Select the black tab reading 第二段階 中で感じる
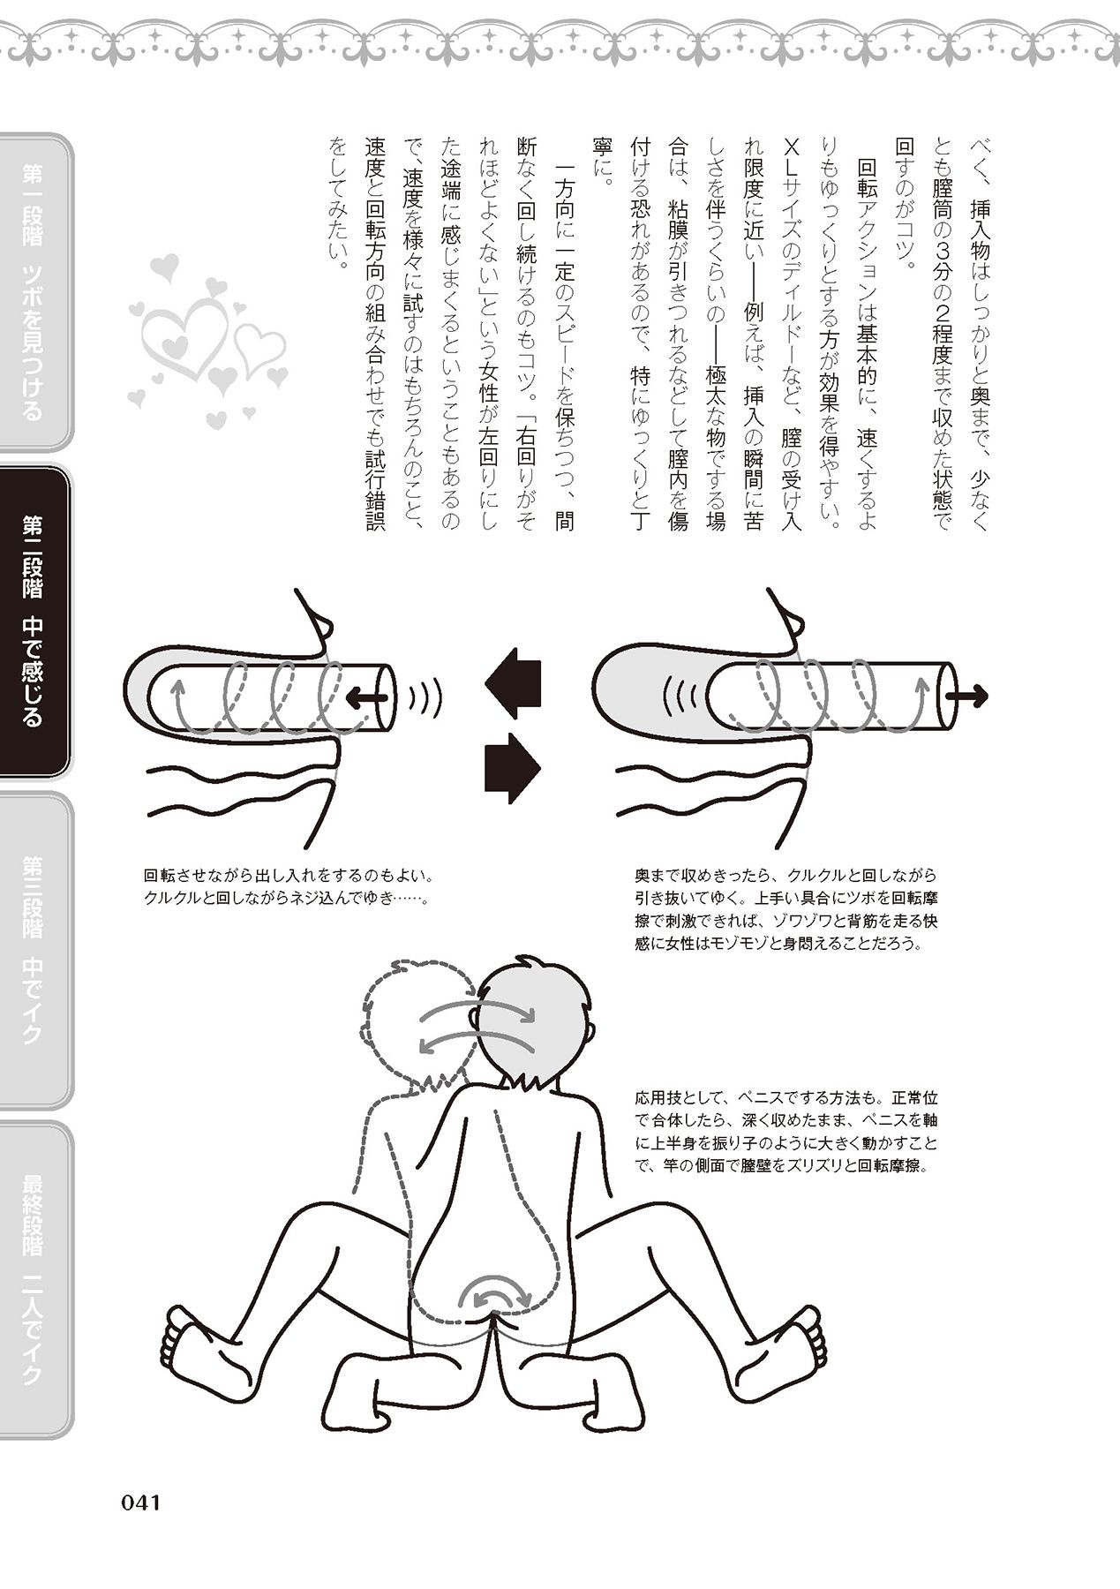[x=34, y=621]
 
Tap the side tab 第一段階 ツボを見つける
[x=34, y=291]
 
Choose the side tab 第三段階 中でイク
[x=34, y=950]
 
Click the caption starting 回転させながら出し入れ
[x=287, y=887]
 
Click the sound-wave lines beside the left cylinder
[x=426, y=699]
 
